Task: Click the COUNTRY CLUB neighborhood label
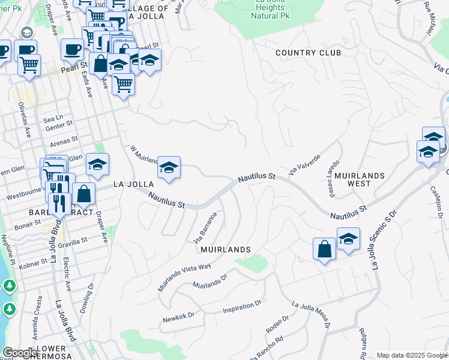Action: pos(308,53)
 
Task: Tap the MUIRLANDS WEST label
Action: pos(359,179)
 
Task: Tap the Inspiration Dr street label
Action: pos(242,307)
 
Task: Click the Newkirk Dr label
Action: pos(178,317)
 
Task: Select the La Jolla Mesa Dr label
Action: pos(311,314)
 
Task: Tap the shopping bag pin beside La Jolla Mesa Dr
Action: pos(324,249)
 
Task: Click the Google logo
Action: pos(20,353)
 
